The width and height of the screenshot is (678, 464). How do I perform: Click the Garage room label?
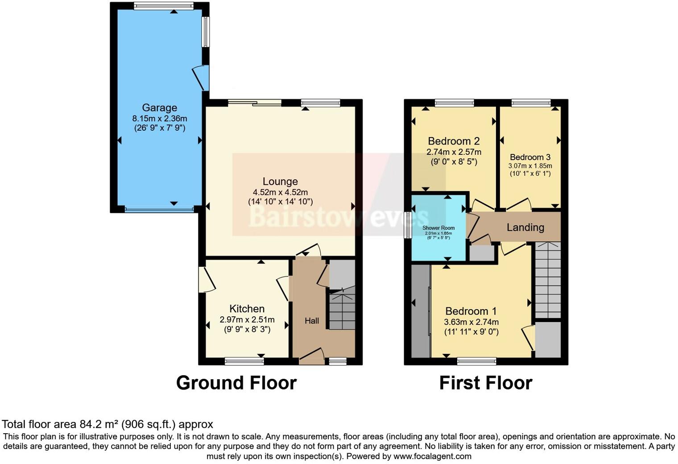point(159,108)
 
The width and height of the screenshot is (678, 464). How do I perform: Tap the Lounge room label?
point(280,182)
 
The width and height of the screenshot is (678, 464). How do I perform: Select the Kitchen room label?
point(247,309)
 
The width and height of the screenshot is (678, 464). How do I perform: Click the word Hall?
point(312,321)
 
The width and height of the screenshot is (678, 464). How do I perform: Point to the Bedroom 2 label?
point(453,141)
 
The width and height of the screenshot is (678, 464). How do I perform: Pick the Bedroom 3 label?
point(530,157)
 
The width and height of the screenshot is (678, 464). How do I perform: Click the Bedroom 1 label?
point(471,311)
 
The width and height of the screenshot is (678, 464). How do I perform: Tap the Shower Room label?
point(438,228)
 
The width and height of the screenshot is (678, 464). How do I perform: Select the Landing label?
point(525,228)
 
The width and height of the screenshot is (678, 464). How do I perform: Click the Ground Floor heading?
point(236,383)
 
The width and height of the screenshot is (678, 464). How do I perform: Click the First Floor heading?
point(485,383)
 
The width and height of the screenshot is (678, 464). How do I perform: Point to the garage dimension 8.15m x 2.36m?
point(159,119)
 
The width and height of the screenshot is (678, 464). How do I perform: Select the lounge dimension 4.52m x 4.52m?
point(280,192)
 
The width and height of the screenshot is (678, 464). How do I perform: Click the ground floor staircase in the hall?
point(342,310)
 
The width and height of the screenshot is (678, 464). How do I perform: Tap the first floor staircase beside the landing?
point(547,280)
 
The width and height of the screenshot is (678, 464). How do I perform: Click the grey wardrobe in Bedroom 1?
point(420,311)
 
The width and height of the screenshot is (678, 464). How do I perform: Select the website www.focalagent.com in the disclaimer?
point(432,456)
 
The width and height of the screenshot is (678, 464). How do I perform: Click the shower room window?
point(407,225)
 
